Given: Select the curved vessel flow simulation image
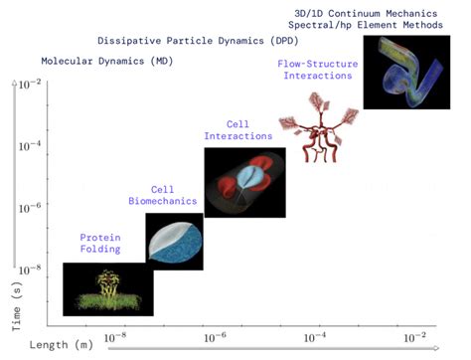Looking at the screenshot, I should (402, 71).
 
